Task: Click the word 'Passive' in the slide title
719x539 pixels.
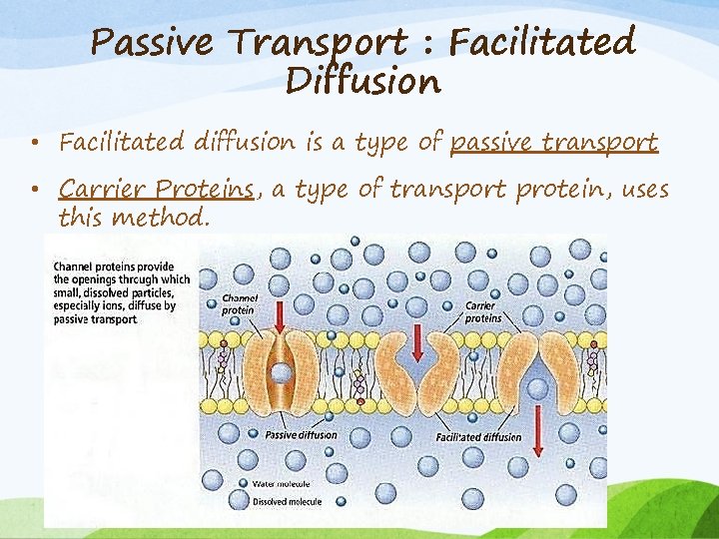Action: click(x=150, y=43)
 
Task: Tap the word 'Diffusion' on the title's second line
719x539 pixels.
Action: click(x=362, y=81)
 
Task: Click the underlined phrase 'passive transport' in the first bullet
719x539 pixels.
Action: click(x=553, y=142)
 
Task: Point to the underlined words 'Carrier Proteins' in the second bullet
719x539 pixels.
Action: click(x=156, y=188)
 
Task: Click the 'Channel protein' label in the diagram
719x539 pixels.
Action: click(x=241, y=303)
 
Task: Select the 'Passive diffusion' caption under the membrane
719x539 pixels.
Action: click(x=301, y=434)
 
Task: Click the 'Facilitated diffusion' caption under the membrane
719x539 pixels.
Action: click(x=478, y=437)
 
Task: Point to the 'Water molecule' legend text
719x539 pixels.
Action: click(x=281, y=483)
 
